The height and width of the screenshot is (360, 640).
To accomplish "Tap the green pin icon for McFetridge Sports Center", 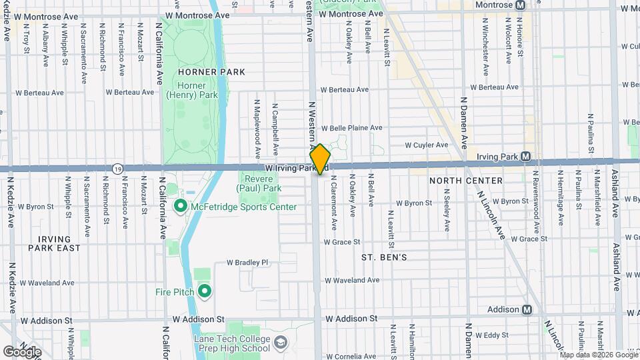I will click(x=179, y=207).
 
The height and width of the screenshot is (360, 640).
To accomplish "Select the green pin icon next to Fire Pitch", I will click(x=204, y=292).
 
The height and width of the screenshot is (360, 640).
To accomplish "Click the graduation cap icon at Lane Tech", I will click(x=281, y=343).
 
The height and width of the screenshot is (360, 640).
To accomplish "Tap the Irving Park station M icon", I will click(x=526, y=157).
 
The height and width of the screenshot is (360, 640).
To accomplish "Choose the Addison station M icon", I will click(x=527, y=309).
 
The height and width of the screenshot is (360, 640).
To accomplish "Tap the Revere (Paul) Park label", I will click(x=260, y=183).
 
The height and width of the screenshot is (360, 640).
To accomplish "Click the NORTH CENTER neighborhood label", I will click(x=465, y=181).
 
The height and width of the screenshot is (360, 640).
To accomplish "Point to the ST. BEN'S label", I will click(x=384, y=257).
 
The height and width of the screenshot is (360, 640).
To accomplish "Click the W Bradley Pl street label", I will click(x=247, y=263).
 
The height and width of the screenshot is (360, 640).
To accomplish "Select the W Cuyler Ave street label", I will click(x=427, y=145).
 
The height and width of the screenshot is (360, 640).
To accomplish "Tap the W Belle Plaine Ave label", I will click(x=351, y=128).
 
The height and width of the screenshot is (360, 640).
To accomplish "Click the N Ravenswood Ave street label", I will click(x=534, y=197).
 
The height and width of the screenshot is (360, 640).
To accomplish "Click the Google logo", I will click(x=22, y=352).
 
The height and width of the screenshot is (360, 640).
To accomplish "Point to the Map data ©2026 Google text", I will click(x=599, y=355).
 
